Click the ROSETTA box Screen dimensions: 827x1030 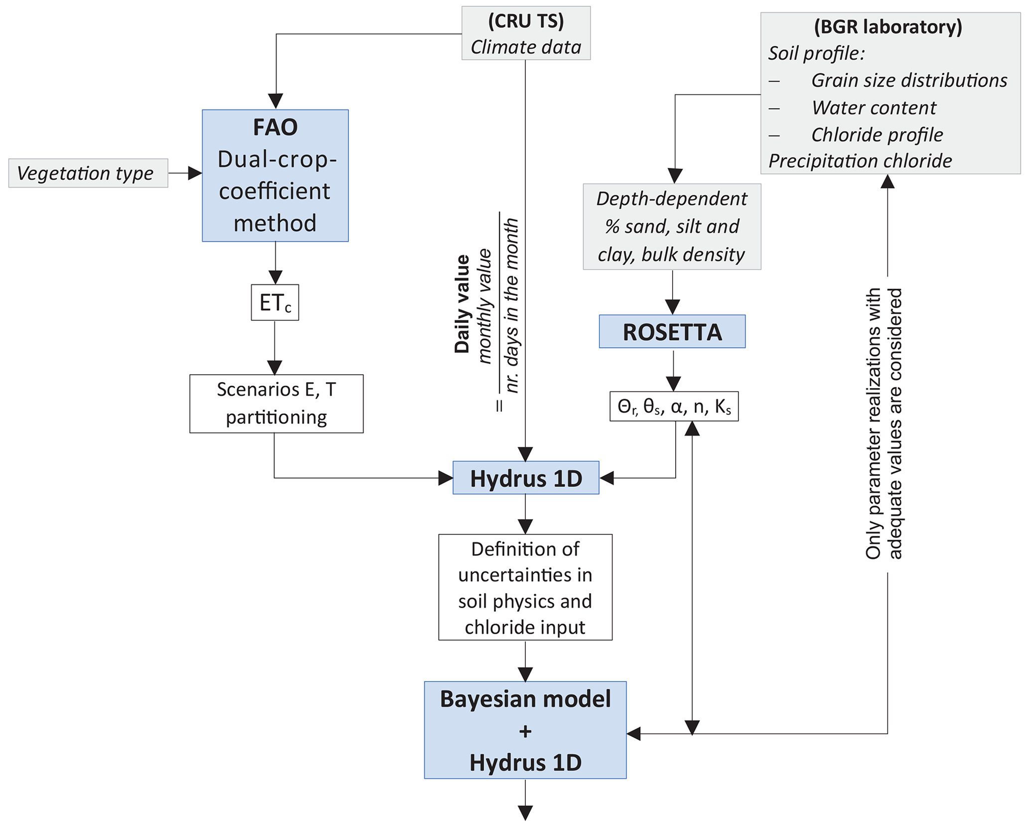pos(672,332)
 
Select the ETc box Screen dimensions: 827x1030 pos(275,302)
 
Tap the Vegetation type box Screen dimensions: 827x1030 pos(88,173)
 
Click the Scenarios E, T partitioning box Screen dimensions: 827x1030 pos(276,404)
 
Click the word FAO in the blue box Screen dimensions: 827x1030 pos(275,127)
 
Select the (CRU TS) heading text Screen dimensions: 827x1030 pos(526,21)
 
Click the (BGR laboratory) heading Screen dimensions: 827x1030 pos(887,27)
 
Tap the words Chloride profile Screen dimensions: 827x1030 pos(877,135)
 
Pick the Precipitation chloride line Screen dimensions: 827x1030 pos(860,161)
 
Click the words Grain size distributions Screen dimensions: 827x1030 pos(909,80)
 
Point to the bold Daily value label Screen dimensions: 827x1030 pos(462,304)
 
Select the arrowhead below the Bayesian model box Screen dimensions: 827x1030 pos(525,813)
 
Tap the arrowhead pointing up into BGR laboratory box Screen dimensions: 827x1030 pos(887,181)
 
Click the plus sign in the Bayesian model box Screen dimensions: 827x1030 pos(525,731)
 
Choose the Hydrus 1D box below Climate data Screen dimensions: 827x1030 pos(526,478)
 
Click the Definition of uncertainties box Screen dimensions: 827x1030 pos(525,587)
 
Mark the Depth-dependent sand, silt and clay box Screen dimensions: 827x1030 pos(672,227)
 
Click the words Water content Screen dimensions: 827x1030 pos(874,108)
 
